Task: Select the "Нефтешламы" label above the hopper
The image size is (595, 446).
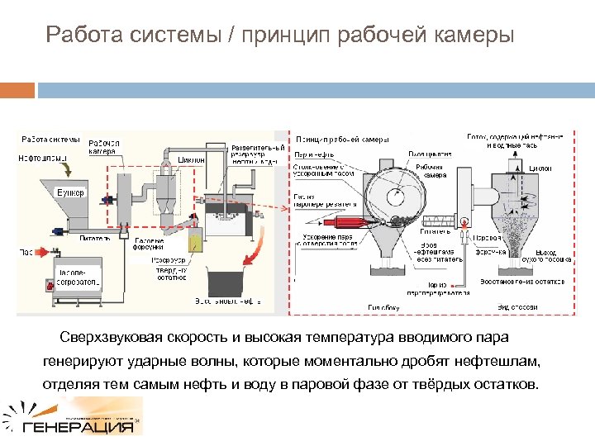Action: point(38,156)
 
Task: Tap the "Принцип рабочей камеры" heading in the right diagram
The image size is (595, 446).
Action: point(342,139)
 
